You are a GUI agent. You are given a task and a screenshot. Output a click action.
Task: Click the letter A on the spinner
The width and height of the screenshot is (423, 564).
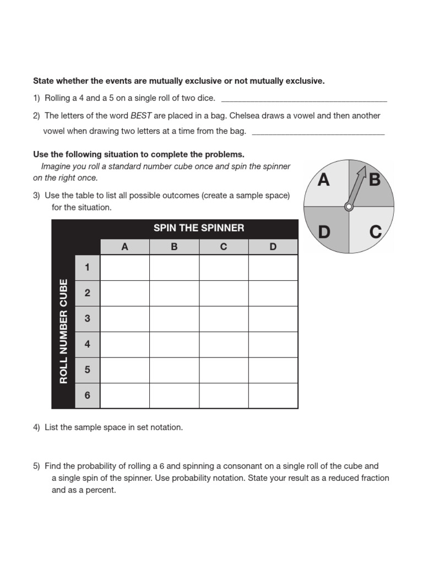[x=324, y=180]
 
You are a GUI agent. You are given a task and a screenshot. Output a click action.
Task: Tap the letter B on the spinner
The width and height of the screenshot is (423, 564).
[x=375, y=180]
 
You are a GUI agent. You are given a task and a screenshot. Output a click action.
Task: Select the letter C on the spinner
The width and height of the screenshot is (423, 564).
[x=376, y=232]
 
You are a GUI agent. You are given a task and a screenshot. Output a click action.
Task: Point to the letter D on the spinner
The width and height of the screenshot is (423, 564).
[x=324, y=232]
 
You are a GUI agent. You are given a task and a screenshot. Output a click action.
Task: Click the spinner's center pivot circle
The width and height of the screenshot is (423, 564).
[x=349, y=207]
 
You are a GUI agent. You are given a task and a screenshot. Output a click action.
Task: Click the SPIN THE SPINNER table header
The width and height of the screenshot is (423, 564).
[x=199, y=228]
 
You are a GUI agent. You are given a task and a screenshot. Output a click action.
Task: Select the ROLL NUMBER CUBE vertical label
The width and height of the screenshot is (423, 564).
[x=63, y=331]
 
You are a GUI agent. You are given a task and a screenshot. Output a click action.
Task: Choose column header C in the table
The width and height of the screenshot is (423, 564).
[x=224, y=247]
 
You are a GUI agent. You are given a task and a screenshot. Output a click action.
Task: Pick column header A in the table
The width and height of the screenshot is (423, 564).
[x=125, y=247]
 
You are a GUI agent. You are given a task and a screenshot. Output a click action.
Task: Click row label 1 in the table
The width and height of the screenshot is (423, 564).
[x=87, y=268]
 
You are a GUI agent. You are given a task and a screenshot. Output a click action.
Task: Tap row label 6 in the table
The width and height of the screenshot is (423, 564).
[x=87, y=395]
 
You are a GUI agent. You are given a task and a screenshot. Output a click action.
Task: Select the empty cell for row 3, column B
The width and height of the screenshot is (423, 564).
[x=174, y=319]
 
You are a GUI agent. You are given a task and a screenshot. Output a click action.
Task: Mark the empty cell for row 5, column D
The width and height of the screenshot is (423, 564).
[x=273, y=370]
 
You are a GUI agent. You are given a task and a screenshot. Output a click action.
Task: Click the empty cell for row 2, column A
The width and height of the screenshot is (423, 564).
[x=125, y=293]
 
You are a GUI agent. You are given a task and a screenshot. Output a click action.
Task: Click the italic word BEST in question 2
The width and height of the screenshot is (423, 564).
[x=141, y=116]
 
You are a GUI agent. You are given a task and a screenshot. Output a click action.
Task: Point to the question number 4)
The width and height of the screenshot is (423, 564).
[x=37, y=427]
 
